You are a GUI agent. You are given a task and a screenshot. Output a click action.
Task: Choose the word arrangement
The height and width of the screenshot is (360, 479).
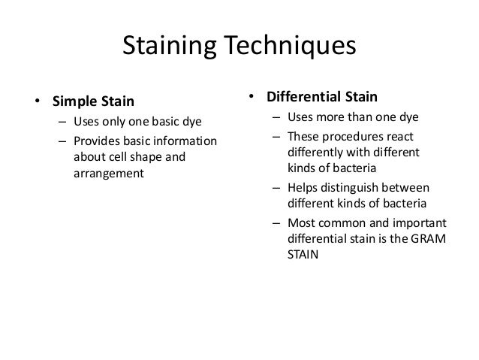point(109,174)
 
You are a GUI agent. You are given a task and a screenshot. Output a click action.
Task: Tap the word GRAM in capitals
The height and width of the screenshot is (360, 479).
point(427,239)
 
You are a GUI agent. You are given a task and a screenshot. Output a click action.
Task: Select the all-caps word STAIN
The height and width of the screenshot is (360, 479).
point(303,255)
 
